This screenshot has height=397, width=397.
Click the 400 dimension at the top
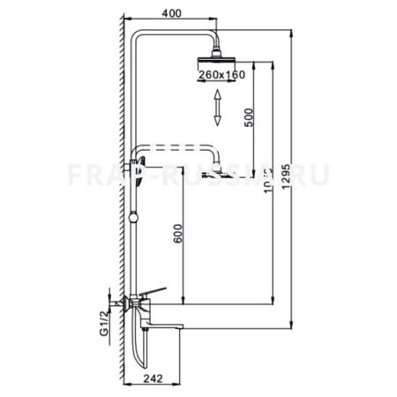pos(174,14)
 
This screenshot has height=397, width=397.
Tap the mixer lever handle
pos(155,292)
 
